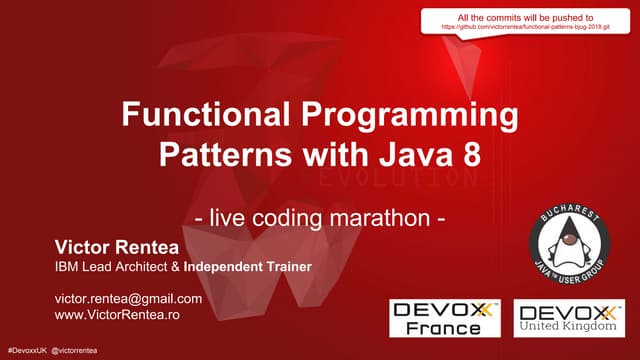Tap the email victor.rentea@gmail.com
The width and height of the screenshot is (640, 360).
[x=128, y=299]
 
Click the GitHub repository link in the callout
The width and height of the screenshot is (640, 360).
[x=531, y=29]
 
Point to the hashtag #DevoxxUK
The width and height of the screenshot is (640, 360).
[x=26, y=353]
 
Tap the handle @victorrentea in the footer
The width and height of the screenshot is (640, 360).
[x=82, y=353]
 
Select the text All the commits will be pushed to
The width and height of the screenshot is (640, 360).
[x=532, y=17]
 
